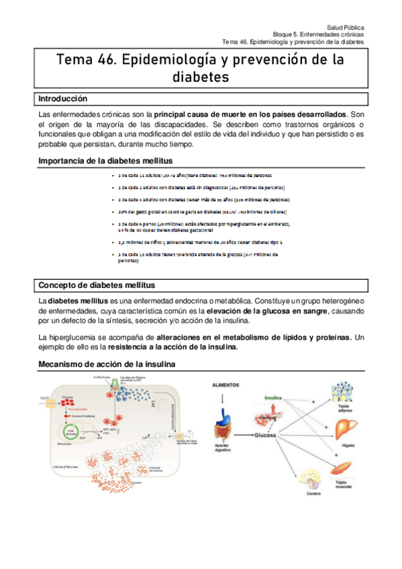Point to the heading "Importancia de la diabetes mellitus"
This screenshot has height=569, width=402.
105,161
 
